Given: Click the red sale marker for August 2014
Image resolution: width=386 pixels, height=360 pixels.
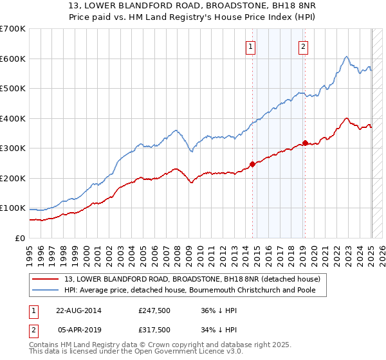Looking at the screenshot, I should coord(252,164).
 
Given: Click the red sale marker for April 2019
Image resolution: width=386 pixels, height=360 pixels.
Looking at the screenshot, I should coord(305,143).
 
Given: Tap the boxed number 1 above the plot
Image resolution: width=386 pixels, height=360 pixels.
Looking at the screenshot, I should coord(250,46).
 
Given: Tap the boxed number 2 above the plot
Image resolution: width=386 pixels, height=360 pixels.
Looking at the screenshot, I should coord(302,46).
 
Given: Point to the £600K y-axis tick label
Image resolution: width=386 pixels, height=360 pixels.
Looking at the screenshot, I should coord(13,59).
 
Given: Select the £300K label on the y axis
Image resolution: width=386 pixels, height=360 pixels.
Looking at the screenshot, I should coord(13,148).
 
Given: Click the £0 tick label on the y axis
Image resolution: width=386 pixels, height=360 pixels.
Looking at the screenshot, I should coord(21,239).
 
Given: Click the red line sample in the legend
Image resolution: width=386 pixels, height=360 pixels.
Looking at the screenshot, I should coord(46,278).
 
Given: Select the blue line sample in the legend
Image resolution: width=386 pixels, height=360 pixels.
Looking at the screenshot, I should coord(46,290).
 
